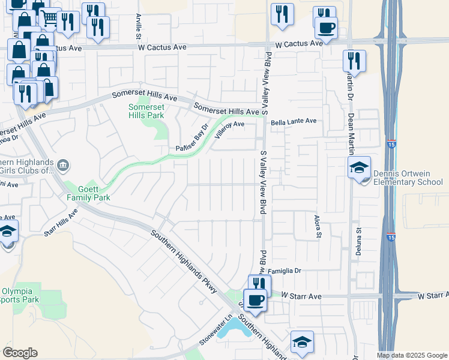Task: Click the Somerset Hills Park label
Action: pyautogui.click(x=146, y=111)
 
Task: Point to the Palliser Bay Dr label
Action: pyautogui.click(x=191, y=139)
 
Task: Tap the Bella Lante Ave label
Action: pyautogui.click(x=294, y=121)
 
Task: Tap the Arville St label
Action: pyautogui.click(x=139, y=22)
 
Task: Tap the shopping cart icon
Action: pyautogui.click(x=50, y=18)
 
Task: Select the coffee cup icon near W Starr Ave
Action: pyautogui.click(x=255, y=299)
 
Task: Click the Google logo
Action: pyautogui.click(x=20, y=353)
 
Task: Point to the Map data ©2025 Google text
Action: pyautogui.click(x=411, y=355)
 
